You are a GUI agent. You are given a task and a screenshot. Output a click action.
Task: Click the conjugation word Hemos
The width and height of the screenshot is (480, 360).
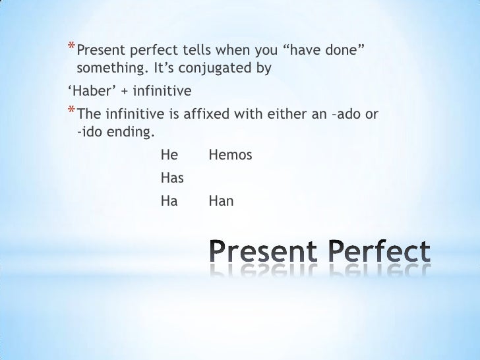(x=230, y=156)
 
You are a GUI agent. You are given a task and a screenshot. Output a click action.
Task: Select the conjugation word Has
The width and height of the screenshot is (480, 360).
(x=171, y=178)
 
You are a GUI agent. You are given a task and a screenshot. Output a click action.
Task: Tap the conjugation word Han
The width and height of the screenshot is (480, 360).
(x=221, y=200)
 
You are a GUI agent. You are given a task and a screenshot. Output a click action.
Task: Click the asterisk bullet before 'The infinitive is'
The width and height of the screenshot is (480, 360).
(x=71, y=111)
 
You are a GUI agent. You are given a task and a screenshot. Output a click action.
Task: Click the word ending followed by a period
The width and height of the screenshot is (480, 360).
(x=131, y=132)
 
